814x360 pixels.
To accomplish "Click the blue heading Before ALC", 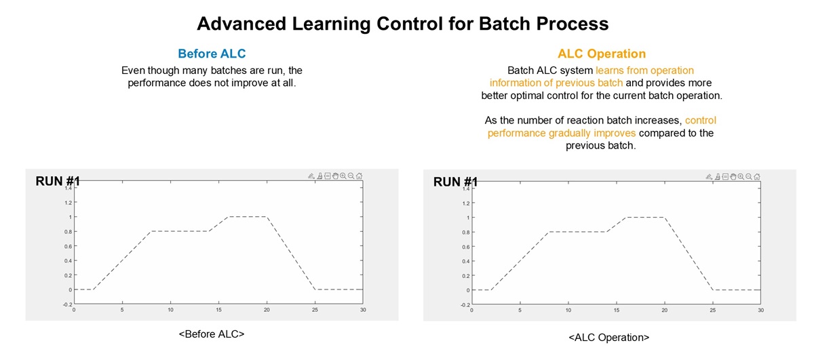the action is click(x=212, y=54).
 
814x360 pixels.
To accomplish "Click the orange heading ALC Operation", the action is click(x=602, y=54).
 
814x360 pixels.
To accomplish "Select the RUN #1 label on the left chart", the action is click(x=58, y=181).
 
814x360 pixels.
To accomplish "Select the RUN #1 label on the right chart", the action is click(x=456, y=182).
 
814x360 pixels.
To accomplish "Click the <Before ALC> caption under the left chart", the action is click(x=212, y=334).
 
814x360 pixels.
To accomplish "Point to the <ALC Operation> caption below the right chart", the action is click(x=609, y=338).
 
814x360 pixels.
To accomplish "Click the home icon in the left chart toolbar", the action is click(x=359, y=176).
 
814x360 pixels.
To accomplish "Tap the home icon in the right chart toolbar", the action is click(x=757, y=177).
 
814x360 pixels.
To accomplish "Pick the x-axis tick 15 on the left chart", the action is click(x=218, y=310).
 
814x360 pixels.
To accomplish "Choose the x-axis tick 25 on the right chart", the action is click(x=713, y=311).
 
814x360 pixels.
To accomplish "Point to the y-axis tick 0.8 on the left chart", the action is click(x=68, y=232).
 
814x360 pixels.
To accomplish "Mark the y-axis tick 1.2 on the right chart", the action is click(x=466, y=203).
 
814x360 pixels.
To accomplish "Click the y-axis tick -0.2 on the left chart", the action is click(x=67, y=304).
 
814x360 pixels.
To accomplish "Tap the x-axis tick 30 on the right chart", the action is click(x=761, y=311).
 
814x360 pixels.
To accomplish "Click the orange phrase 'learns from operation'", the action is click(x=644, y=70).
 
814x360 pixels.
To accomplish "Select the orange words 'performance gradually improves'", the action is click(x=562, y=133).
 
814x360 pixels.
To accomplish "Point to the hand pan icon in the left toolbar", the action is click(x=335, y=176).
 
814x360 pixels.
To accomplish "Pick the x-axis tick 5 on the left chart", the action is click(x=122, y=310).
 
